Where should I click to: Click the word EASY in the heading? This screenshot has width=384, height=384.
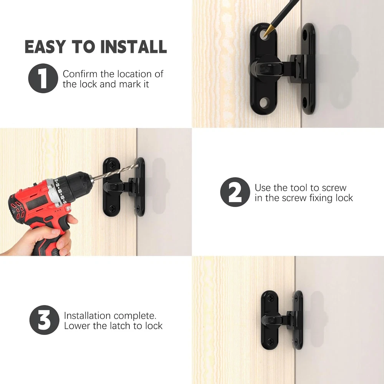(46, 46)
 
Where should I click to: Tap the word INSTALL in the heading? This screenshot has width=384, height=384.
(134, 46)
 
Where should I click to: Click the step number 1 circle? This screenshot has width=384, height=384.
(43, 78)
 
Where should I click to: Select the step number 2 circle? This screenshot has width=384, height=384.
(235, 192)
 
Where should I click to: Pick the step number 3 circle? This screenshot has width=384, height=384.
(44, 320)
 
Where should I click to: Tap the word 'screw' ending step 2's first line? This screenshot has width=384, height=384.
(334, 188)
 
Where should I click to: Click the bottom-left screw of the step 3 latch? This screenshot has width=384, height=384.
(270, 341)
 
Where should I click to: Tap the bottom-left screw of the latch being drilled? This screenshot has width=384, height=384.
(113, 209)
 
